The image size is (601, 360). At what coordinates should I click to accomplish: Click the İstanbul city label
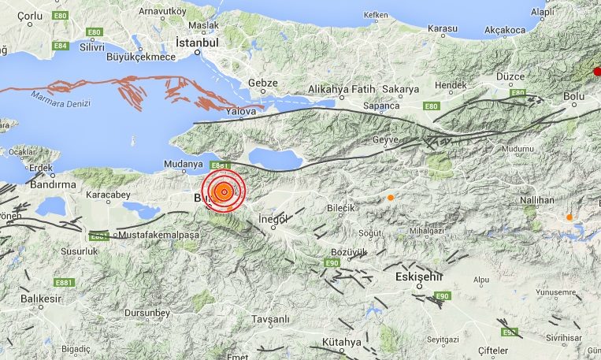tap(196, 42)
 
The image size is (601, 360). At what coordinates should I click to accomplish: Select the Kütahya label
tap(341, 342)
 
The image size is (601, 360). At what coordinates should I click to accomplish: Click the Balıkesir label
tap(41, 299)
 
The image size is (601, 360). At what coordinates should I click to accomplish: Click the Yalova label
tap(241, 112)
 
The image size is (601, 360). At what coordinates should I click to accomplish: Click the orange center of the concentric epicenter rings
tap(224, 192)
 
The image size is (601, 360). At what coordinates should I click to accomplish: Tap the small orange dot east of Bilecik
tap(390, 197)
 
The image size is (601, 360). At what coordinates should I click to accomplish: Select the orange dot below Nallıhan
tap(569, 217)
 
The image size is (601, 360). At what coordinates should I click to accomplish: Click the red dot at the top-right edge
tap(596, 72)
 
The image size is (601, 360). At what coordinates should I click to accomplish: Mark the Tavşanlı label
tap(270, 319)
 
